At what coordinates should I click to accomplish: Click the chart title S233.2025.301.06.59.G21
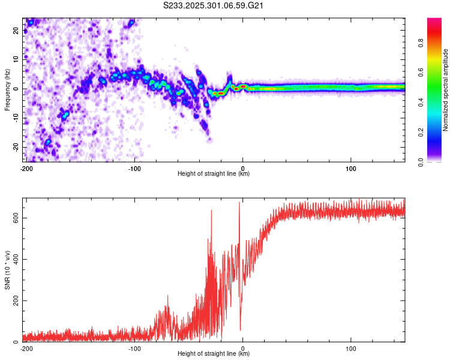pyautogui.click(x=214, y=6)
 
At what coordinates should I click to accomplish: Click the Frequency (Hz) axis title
pyautogui.click(x=7, y=90)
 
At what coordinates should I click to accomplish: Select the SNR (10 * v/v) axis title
pyautogui.click(x=7, y=269)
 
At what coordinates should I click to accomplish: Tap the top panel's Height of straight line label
pyautogui.click(x=214, y=173)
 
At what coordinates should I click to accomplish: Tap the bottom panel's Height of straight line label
pyautogui.click(x=214, y=353)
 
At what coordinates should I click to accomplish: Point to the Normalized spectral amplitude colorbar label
pyautogui.click(x=446, y=91)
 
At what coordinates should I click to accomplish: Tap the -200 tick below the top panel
pyautogui.click(x=26, y=168)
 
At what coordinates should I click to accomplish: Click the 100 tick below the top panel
pyautogui.click(x=351, y=168)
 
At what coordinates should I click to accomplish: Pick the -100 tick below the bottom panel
pyautogui.click(x=134, y=348)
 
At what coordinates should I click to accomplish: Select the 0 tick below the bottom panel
pyautogui.click(x=242, y=348)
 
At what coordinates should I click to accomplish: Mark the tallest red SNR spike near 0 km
pyautogui.click(x=239, y=203)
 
